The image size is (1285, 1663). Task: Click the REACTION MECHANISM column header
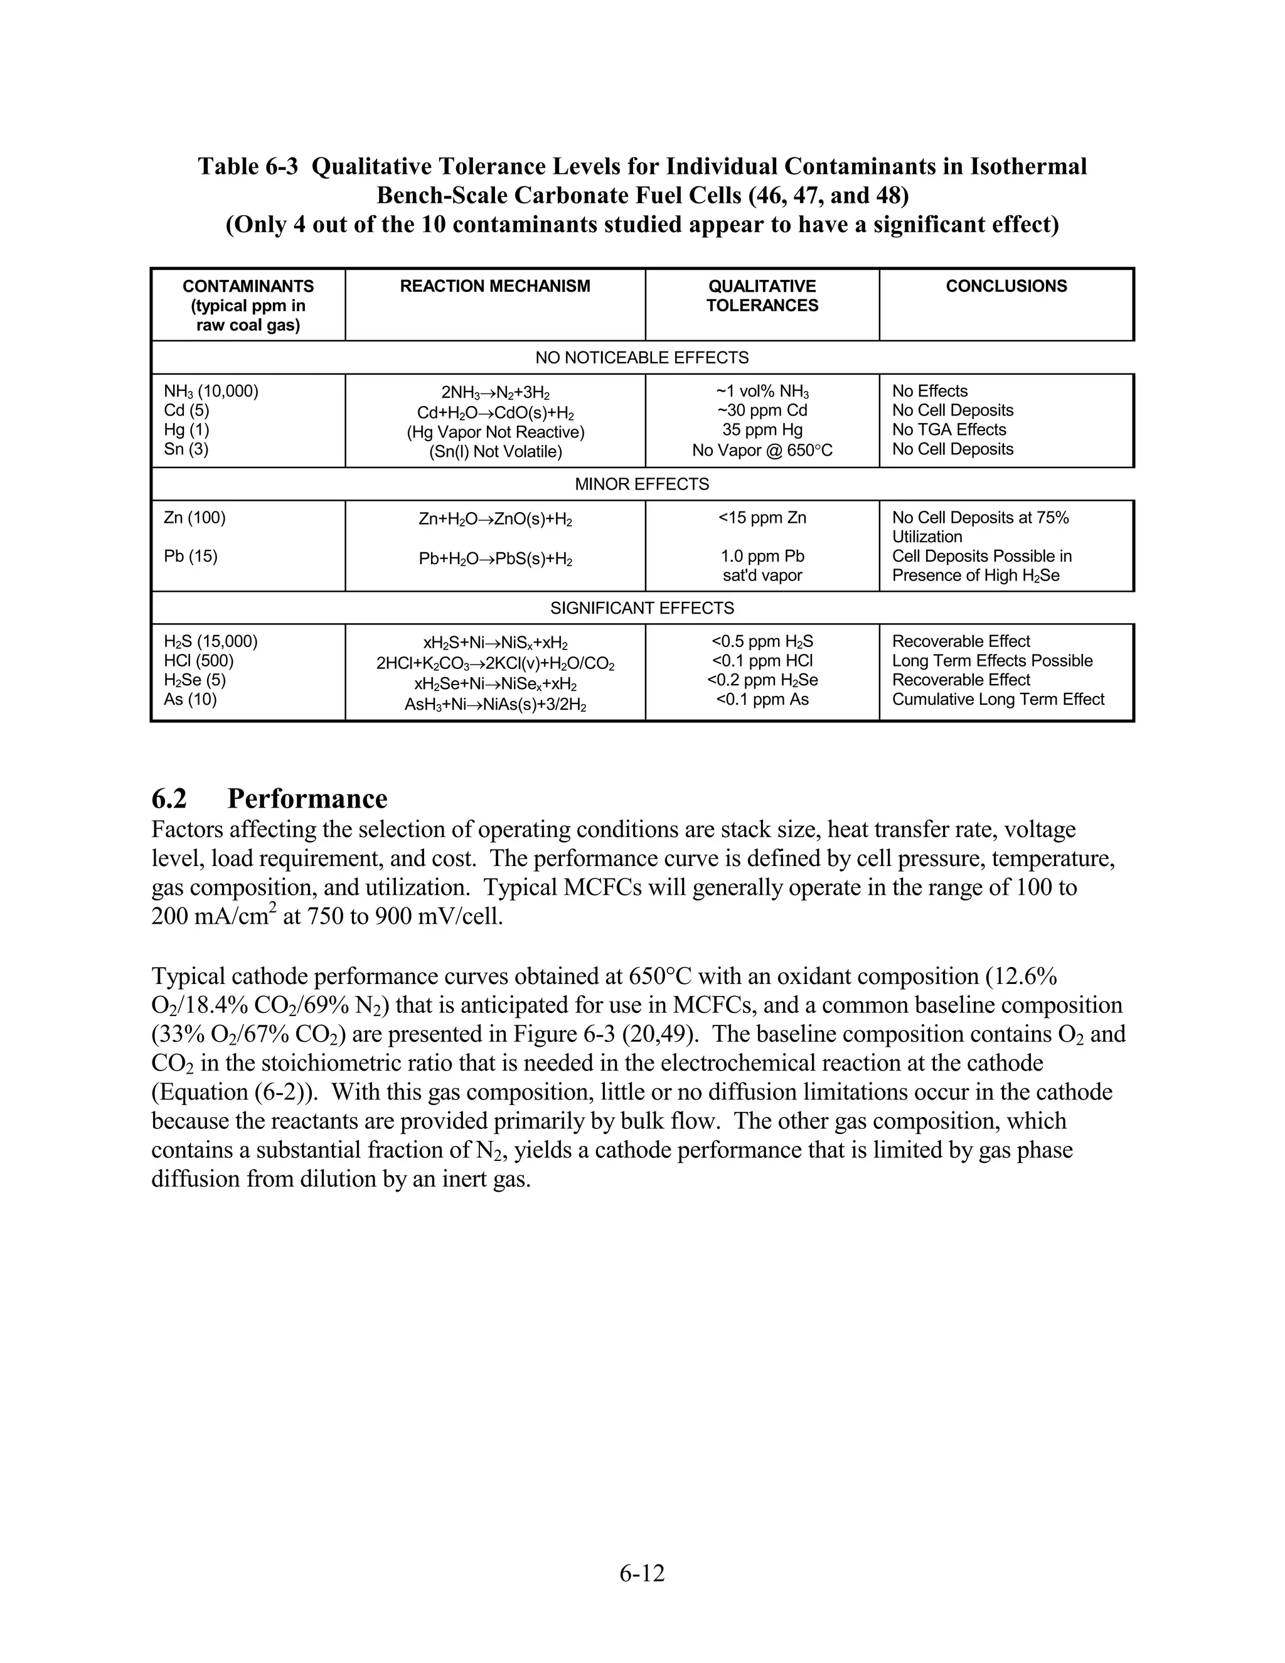(495, 286)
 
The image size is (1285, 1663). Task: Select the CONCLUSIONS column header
(1006, 286)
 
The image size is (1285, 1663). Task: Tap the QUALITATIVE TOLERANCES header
(761, 296)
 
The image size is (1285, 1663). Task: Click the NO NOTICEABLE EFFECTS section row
(642, 358)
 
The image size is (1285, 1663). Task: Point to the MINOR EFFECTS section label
(642, 484)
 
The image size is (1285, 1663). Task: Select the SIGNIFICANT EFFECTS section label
(642, 608)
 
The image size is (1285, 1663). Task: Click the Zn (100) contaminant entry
(195, 518)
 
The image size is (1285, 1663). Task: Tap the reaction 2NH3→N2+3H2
(495, 393)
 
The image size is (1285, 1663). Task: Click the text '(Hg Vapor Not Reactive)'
(495, 432)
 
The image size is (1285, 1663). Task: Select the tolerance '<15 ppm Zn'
(761, 518)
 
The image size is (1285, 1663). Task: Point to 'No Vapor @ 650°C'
(761, 451)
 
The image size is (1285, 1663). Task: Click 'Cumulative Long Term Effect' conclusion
(997, 700)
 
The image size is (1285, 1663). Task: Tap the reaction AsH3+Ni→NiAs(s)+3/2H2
(495, 705)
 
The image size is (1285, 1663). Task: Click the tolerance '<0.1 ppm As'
(761, 700)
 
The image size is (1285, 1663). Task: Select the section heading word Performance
(307, 799)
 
